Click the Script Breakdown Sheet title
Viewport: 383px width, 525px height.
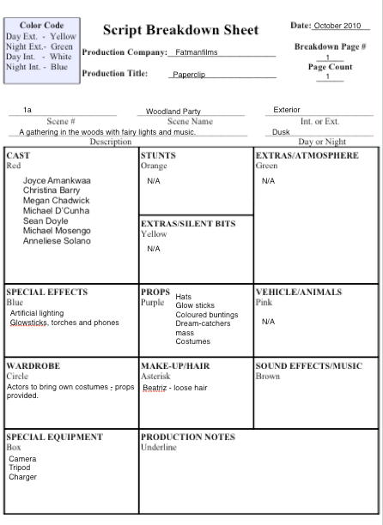pyautogui.click(x=180, y=30)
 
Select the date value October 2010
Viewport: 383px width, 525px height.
pyautogui.click(x=337, y=26)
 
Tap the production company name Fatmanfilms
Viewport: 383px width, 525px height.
pyautogui.click(x=197, y=52)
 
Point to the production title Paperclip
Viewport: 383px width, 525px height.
pyautogui.click(x=189, y=75)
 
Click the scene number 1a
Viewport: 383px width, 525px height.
pyautogui.click(x=27, y=111)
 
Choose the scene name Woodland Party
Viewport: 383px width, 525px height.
pyautogui.click(x=173, y=112)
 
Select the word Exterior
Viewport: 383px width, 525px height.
pyautogui.click(x=287, y=110)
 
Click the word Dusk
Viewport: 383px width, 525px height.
pyautogui.click(x=281, y=132)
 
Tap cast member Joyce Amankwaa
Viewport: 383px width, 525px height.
pyautogui.click(x=57, y=182)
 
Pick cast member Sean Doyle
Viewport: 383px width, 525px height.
pyautogui.click(x=46, y=221)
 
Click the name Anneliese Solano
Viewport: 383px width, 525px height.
pyautogui.click(x=57, y=241)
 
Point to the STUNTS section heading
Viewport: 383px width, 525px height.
pyautogui.click(x=157, y=156)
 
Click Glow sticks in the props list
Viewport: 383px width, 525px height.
pyautogui.click(x=195, y=305)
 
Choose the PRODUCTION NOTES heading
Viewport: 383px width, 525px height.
pyautogui.click(x=187, y=437)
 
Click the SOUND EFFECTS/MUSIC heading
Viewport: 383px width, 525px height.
pyautogui.click(x=309, y=366)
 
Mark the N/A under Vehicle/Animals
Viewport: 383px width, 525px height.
pyautogui.click(x=268, y=322)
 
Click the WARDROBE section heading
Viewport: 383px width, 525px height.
pyautogui.click(x=33, y=366)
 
